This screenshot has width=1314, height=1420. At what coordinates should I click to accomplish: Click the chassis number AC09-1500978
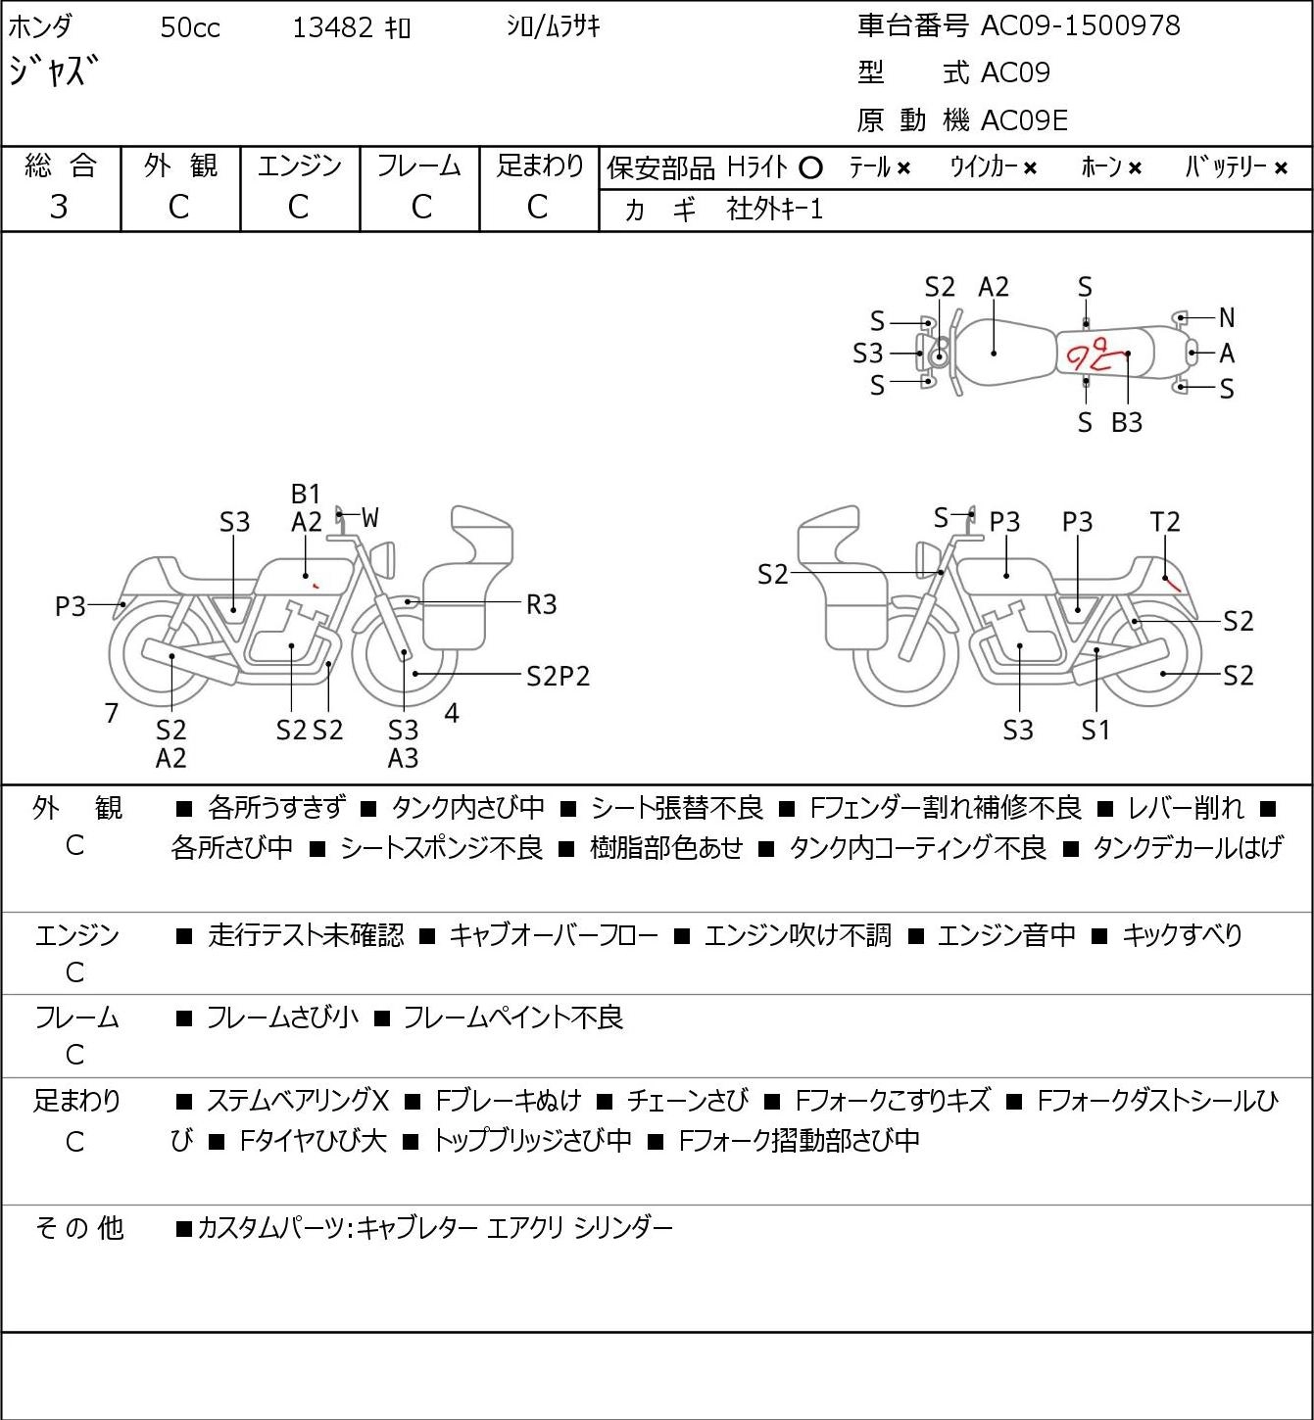pos(1081,26)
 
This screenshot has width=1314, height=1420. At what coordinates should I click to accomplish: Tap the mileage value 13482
pos(333,27)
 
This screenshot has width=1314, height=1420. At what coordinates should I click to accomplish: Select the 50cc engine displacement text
pos(190,27)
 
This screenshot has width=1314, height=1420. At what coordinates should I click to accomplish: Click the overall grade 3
pos(59,207)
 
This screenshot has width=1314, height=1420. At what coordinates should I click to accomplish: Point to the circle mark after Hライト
pos(810,168)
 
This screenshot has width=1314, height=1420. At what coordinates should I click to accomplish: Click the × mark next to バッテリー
pos(1281,168)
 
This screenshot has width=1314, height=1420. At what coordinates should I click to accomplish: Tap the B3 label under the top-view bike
pos(1127,422)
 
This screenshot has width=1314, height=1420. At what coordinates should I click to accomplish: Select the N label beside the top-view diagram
pos(1227,317)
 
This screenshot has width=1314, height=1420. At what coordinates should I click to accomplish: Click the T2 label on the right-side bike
pos(1164,522)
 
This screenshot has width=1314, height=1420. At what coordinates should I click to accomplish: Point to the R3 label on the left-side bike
pos(541,605)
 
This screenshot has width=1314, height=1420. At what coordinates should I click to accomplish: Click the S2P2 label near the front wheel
pos(559,677)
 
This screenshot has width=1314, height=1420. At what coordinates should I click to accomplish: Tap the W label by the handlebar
pos(369,518)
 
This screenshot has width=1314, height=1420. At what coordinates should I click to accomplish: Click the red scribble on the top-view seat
pos(1095,354)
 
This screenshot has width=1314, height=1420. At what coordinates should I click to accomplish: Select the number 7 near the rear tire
pos(111,713)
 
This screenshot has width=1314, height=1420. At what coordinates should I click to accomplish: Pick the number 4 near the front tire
pos(451,713)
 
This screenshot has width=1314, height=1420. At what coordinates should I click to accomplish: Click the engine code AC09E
pos(1024,120)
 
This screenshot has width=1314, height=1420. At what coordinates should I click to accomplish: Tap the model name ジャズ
pos(53,71)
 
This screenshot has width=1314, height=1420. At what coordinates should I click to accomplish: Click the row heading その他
pos(79,1228)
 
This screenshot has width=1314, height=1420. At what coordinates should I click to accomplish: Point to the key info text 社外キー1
pos(775,210)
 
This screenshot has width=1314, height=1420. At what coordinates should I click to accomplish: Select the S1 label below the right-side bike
pos(1095,730)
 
